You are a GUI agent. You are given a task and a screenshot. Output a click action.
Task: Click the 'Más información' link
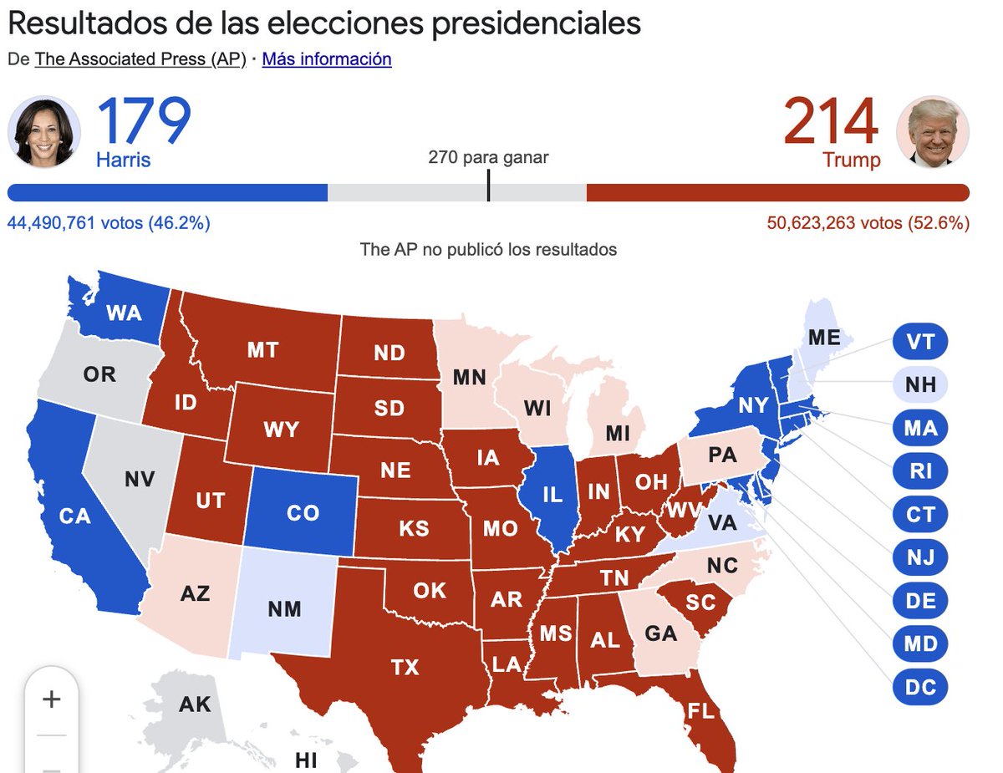tap(327, 59)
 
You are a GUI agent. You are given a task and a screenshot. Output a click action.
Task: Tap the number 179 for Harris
tap(144, 123)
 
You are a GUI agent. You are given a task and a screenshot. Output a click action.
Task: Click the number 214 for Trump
tap(831, 123)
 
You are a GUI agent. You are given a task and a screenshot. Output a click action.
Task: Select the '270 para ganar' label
tap(488, 157)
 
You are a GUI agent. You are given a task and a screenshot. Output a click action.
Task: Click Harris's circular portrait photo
tap(44, 131)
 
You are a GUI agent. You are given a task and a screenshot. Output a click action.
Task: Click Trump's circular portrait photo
tap(933, 131)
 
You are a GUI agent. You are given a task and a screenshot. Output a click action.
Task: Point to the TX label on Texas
tap(405, 667)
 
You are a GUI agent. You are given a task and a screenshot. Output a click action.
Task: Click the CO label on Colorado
tap(303, 512)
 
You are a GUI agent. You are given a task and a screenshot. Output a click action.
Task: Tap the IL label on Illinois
tap(552, 494)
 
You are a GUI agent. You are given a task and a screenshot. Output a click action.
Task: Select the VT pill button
tap(919, 341)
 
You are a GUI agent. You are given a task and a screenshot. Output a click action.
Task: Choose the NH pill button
tap(919, 385)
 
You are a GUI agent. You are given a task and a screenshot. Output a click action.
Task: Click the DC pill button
tap(919, 688)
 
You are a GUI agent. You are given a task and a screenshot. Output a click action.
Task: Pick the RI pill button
tap(919, 471)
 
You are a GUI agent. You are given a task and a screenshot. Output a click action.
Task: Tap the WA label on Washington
tap(124, 314)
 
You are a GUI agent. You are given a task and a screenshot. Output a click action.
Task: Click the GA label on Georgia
tap(660, 633)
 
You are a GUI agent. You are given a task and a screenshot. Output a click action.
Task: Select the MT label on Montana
tap(262, 349)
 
